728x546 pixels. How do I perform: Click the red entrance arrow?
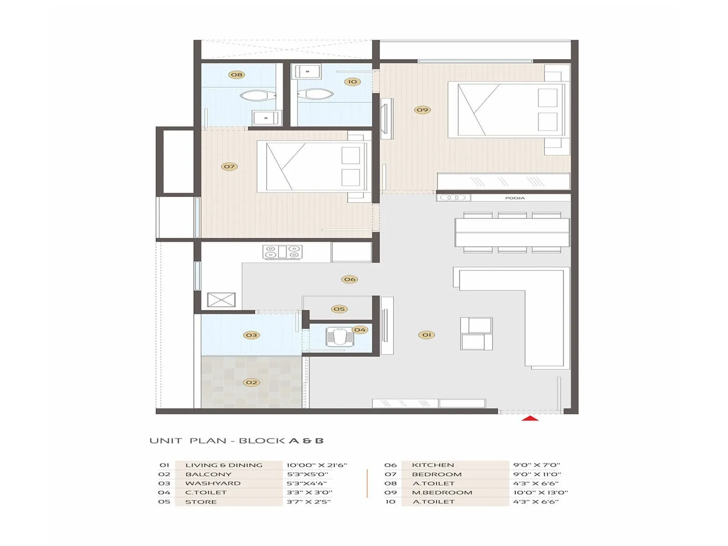[530, 418]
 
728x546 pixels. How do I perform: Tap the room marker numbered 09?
[422, 110]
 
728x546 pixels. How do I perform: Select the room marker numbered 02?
[251, 382]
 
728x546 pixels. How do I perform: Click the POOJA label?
[515, 198]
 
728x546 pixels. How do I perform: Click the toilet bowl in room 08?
[258, 96]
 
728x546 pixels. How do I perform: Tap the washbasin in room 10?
[308, 71]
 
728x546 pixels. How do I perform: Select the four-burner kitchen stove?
[282, 252]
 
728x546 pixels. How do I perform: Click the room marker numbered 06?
[349, 279]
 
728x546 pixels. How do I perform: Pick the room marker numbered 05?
[339, 309]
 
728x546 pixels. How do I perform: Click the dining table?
[512, 232]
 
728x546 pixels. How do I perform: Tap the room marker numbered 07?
[229, 167]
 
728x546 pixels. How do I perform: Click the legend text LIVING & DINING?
[224, 465]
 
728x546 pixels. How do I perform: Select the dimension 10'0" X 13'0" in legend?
[541, 492]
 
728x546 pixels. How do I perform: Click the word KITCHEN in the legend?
[433, 465]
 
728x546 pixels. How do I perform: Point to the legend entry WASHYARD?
[212, 483]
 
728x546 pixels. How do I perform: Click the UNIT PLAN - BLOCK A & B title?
[237, 440]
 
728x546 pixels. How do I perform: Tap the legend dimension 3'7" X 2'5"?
[308, 501]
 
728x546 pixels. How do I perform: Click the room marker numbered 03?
[251, 335]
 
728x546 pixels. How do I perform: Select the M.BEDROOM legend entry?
[442, 492]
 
